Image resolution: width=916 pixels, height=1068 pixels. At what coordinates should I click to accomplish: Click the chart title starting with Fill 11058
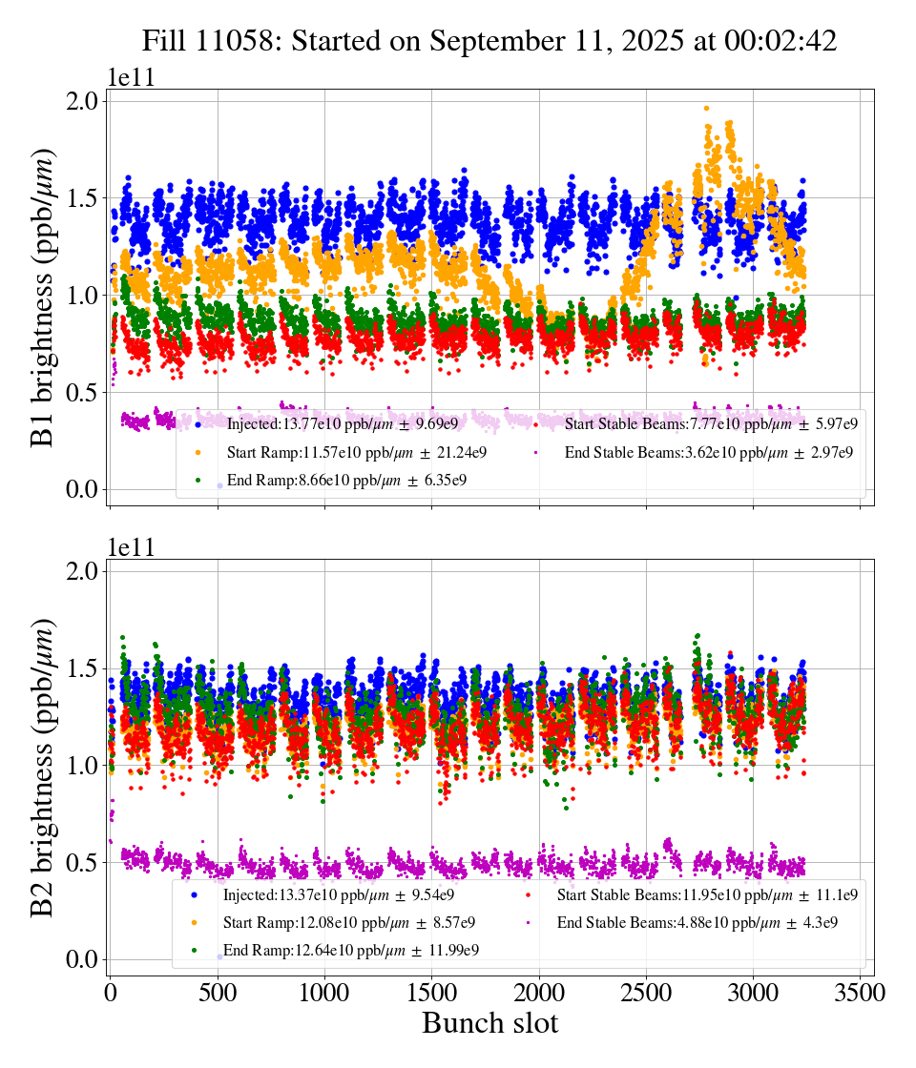[x=489, y=41]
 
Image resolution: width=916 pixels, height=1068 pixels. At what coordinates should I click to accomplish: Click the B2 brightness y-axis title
[x=43, y=768]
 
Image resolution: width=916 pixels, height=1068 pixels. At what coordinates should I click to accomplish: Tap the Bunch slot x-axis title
[x=489, y=1023]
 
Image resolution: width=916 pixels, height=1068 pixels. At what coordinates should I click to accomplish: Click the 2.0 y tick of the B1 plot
[x=83, y=101]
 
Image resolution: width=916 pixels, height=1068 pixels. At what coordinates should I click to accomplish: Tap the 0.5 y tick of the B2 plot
[x=83, y=862]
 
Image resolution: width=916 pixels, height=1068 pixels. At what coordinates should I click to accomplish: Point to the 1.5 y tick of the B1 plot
[x=83, y=198]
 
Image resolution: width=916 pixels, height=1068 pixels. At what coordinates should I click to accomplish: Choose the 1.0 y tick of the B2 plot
[x=83, y=765]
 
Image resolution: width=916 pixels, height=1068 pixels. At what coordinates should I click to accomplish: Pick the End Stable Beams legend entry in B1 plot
[x=705, y=452]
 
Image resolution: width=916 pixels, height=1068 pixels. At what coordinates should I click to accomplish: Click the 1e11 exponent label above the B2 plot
[x=131, y=547]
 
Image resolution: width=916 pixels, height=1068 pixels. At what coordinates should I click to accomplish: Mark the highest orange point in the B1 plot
[x=706, y=109]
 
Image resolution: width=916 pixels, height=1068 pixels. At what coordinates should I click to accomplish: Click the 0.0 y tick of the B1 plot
[x=83, y=489]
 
